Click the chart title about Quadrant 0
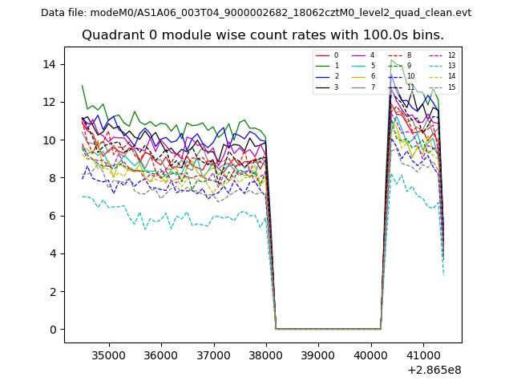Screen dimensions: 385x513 tap(262, 35)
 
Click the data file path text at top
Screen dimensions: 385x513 tap(256, 13)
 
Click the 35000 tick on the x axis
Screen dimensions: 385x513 tap(108, 355)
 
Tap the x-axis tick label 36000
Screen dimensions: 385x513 tap(161, 355)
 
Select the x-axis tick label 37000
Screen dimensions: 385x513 tap(213, 355)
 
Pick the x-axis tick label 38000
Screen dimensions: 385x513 tap(266, 355)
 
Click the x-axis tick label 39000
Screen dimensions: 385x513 tap(318, 355)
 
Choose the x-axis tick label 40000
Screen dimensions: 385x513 tap(371, 355)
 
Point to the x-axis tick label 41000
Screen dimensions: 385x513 tap(423, 355)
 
